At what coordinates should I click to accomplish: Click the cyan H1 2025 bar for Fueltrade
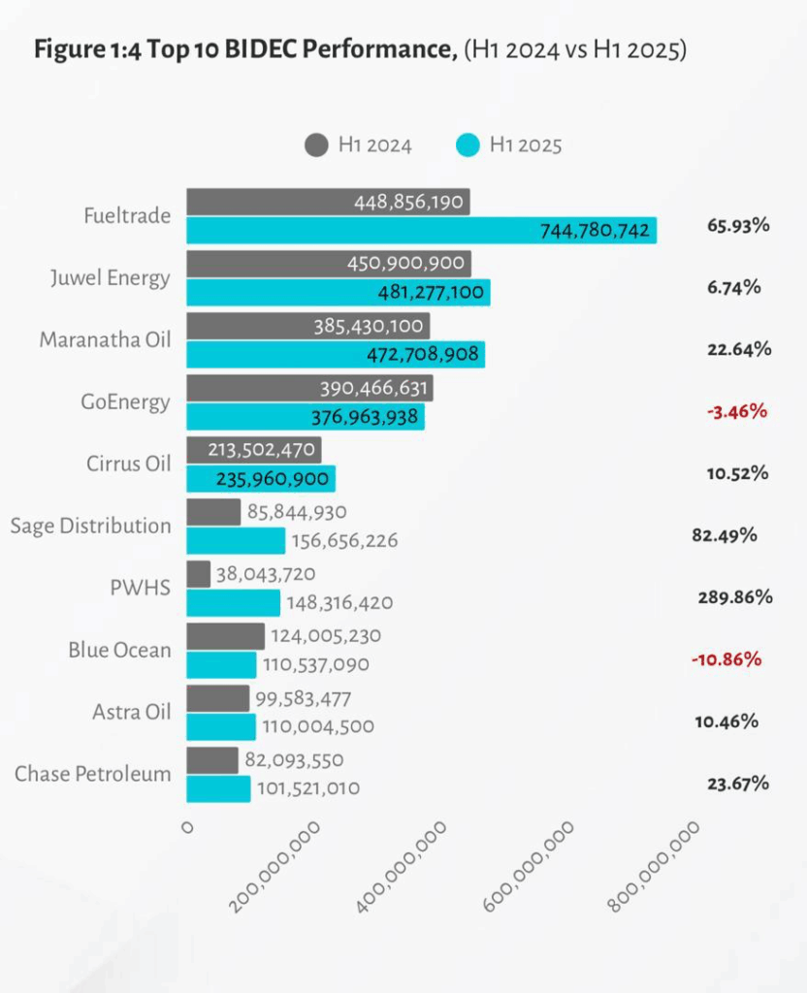(421, 230)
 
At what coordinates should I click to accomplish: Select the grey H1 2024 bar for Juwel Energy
(328, 264)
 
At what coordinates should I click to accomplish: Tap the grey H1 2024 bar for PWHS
(198, 574)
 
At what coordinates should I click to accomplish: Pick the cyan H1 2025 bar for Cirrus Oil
(260, 479)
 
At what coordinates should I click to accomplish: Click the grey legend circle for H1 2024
(316, 145)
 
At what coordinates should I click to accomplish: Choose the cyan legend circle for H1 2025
(468, 145)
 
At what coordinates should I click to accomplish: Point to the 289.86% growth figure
(734, 596)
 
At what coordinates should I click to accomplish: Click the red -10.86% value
(726, 659)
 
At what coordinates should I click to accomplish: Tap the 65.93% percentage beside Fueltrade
(738, 225)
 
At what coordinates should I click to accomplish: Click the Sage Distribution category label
(90, 526)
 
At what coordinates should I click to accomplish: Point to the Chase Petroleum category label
(92, 774)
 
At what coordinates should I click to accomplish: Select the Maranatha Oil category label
(105, 339)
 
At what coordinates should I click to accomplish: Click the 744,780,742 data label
(593, 231)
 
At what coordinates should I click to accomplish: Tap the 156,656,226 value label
(344, 541)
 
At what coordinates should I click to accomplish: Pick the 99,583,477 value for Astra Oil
(303, 698)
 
